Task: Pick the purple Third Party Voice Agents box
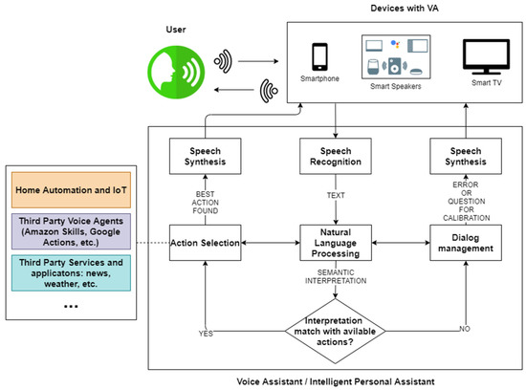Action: click(72, 229)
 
